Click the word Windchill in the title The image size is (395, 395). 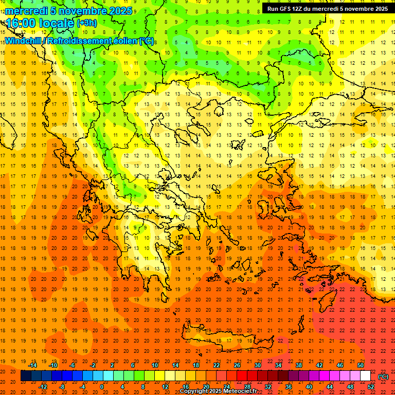[x=24, y=40]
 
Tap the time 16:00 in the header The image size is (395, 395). [x=21, y=23]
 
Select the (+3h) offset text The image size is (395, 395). [x=86, y=23]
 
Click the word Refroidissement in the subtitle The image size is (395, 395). [x=80, y=40]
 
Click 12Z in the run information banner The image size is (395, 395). [x=298, y=9]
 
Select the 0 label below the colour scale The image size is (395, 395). [x=102, y=386]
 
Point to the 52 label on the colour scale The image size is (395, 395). [x=371, y=386]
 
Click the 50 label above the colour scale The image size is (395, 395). [x=361, y=365]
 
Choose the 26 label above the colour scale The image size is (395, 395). [x=237, y=365]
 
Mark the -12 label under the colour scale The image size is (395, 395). [x=43, y=386]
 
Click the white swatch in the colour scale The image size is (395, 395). [x=365, y=375]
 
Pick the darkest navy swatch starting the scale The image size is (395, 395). [x=26, y=375]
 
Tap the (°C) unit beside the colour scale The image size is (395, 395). [x=383, y=376]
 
